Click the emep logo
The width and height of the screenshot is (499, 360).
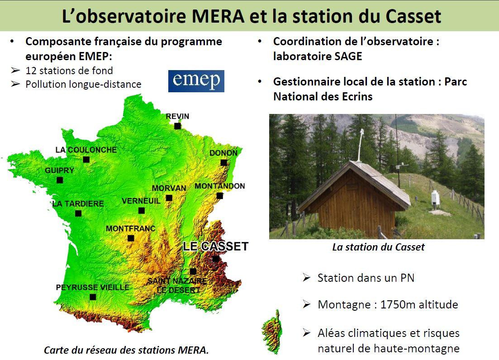pos(196,81)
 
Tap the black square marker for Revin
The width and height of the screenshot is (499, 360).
pos(178,126)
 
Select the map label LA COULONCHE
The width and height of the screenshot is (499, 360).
pos(86,150)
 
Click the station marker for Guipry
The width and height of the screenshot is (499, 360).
pos(60,180)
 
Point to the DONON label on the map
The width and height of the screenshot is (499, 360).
pos(223,153)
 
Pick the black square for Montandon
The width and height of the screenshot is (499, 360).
pos(219,196)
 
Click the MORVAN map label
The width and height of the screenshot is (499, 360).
pos(169,188)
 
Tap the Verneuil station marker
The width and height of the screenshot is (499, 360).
pos(142,211)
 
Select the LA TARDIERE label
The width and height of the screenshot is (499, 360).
pos(78,204)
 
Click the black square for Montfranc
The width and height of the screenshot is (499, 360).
pos(131,238)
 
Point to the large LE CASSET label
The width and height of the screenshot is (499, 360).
pos(215,246)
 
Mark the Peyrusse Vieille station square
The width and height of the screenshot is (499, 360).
pos(93,297)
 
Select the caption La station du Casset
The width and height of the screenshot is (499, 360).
pos(378,247)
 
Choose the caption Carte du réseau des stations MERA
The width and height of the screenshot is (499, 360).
pos(126,350)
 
